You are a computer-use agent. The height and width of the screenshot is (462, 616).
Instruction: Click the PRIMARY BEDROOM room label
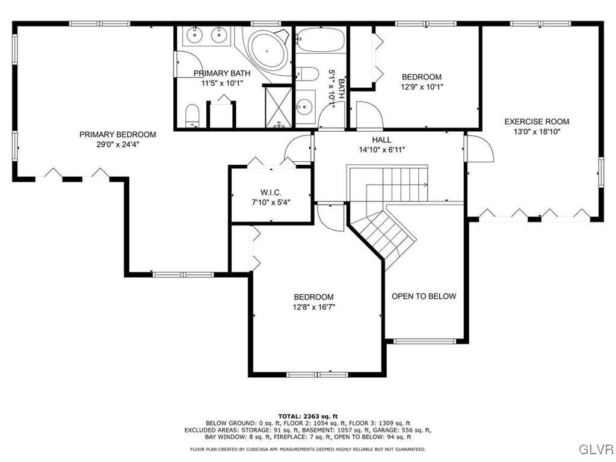117,134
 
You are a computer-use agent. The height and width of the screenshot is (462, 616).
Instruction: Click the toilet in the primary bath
192,114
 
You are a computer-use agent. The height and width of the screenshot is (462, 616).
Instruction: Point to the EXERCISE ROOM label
536,122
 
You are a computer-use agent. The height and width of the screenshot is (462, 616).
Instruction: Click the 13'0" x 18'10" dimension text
536,132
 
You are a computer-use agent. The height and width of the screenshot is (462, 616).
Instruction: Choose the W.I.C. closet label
270,192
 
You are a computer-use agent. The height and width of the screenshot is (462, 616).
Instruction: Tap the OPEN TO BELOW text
423,296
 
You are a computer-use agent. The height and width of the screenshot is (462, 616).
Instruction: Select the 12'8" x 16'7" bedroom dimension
313,307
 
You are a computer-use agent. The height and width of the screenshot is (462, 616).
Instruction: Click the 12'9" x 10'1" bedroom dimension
421,87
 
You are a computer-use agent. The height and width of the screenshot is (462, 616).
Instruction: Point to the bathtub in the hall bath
319,40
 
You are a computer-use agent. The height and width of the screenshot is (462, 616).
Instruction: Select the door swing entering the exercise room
479,149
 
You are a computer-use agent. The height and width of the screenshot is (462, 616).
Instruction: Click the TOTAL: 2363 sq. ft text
307,416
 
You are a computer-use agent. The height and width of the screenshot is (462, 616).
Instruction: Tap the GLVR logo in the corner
596,449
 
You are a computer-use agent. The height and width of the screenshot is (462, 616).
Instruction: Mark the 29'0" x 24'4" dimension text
117,144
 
